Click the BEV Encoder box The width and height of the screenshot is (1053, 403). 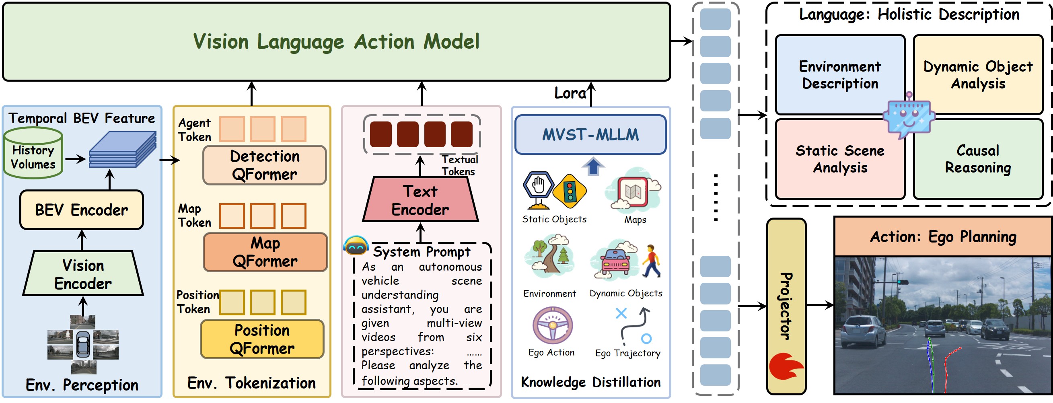pyautogui.click(x=81, y=210)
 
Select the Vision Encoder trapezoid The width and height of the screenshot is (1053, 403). pyautogui.click(x=83, y=274)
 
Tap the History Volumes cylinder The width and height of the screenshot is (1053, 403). pyautogui.click(x=33, y=154)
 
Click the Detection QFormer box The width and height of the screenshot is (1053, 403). pyautogui.click(x=265, y=165)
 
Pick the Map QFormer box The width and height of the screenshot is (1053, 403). pyautogui.click(x=265, y=252)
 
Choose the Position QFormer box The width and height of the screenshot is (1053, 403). pyautogui.click(x=262, y=339)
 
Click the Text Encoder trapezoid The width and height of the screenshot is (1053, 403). pyautogui.click(x=420, y=200)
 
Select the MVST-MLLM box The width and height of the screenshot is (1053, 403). pyautogui.click(x=590, y=134)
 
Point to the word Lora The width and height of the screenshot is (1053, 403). pyautogui.click(x=570, y=93)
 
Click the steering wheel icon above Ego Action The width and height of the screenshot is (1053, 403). pyautogui.click(x=552, y=325)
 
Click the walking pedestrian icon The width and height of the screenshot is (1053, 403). pyautogui.click(x=651, y=261)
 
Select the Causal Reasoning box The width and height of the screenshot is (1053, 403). pyautogui.click(x=978, y=159)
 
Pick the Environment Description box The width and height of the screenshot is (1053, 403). pyautogui.click(x=840, y=75)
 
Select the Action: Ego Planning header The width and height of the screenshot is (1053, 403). pyautogui.click(x=943, y=236)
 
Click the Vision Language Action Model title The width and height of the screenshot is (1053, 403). pyautogui.click(x=336, y=42)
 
